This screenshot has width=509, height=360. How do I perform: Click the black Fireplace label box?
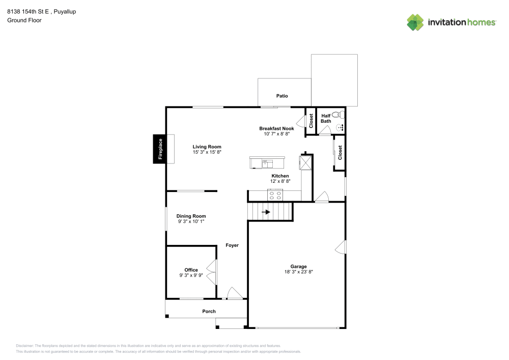(x=160, y=149)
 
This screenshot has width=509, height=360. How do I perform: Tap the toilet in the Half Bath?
(x=337, y=115)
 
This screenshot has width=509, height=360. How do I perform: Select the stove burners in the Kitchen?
(x=275, y=195)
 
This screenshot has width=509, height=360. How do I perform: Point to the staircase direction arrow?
(x=266, y=211)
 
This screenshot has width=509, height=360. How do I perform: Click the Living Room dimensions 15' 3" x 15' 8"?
(x=207, y=152)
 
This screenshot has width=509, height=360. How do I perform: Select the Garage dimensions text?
(x=298, y=272)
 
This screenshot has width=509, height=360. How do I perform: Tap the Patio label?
(x=282, y=96)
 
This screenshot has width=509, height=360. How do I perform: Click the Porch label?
(x=209, y=311)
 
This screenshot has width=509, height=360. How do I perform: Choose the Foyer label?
(x=232, y=245)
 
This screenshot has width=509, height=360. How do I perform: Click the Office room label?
(x=191, y=270)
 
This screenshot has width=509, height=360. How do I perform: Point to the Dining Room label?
(x=191, y=216)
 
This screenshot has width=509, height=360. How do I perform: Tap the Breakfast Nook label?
(x=276, y=128)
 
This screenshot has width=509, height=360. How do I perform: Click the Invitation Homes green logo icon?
(x=415, y=22)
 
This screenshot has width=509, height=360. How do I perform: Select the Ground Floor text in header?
(x=24, y=20)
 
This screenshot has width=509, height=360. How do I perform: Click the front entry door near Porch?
(x=234, y=294)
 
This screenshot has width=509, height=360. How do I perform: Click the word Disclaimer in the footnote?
(x=25, y=345)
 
